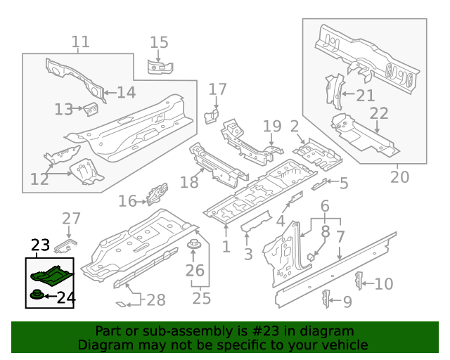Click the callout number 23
coord(40,245)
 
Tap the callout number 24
coord(65,297)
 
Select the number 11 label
coord(81,41)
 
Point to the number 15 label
coord(160,42)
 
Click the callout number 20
coord(399,176)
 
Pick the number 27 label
coord(72,219)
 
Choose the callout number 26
coord(194,270)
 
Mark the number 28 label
coord(156,300)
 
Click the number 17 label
coord(218,89)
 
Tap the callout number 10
coord(384,284)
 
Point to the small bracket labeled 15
coord(160,67)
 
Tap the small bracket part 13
coord(90,109)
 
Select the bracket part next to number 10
coord(359,279)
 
